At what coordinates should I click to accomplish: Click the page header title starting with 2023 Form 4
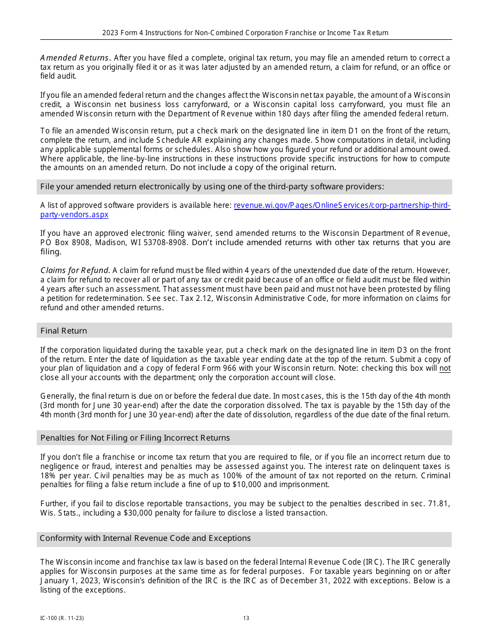(245, 33)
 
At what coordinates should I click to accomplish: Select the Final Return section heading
(64, 331)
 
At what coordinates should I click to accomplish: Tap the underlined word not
(444, 369)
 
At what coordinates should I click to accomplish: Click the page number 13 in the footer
(246, 618)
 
